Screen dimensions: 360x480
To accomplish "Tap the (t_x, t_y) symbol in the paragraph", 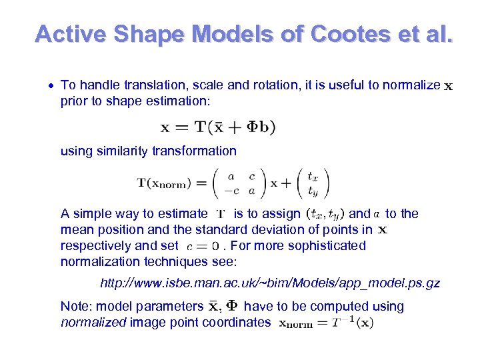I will coord(324,214).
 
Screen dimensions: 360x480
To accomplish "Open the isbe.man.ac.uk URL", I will coord(270,283).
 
